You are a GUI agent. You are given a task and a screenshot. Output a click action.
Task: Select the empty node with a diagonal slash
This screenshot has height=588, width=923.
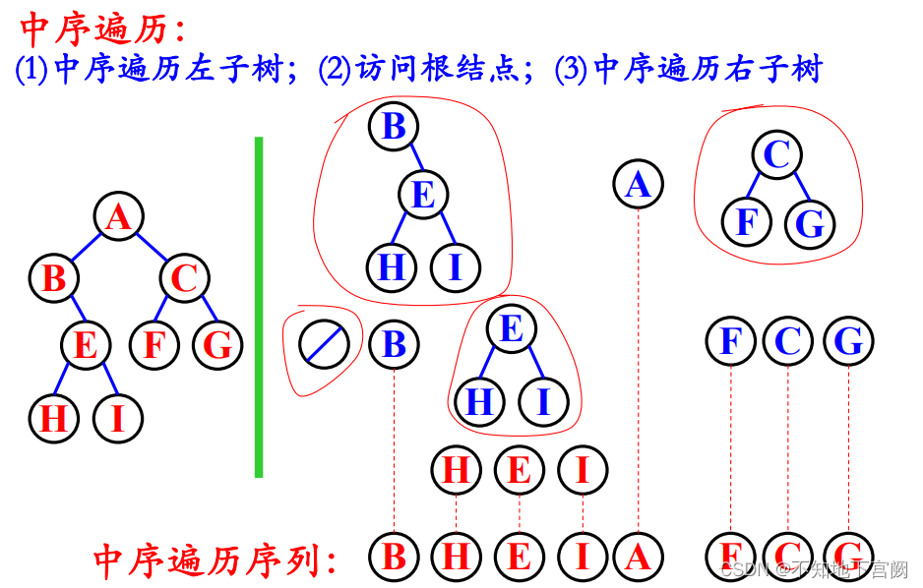324,343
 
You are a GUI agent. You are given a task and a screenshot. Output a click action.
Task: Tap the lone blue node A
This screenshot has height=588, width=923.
638,184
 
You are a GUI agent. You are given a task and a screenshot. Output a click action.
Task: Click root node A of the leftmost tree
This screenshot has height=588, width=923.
119,216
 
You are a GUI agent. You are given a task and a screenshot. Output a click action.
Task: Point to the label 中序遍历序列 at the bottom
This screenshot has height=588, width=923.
216,559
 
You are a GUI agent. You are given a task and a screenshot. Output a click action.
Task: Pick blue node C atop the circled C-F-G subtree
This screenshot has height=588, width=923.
777,154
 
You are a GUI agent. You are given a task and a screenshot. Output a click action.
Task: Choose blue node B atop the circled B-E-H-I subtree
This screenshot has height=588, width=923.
394,126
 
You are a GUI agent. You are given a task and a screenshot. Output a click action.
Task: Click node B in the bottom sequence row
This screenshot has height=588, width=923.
394,558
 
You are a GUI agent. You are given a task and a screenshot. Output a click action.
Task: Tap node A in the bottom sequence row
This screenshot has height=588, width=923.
638,558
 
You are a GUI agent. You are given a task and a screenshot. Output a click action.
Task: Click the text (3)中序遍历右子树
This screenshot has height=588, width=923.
688,69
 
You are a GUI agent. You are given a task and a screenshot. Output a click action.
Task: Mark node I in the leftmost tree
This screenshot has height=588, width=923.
118,419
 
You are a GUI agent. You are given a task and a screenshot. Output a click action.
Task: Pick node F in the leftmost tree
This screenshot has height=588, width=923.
154,345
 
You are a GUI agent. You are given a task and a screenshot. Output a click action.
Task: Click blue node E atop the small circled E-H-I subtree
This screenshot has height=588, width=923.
512,328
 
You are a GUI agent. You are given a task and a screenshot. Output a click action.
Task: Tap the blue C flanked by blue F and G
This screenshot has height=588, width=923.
788,341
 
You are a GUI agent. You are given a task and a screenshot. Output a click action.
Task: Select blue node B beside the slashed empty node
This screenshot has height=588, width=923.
394,343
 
